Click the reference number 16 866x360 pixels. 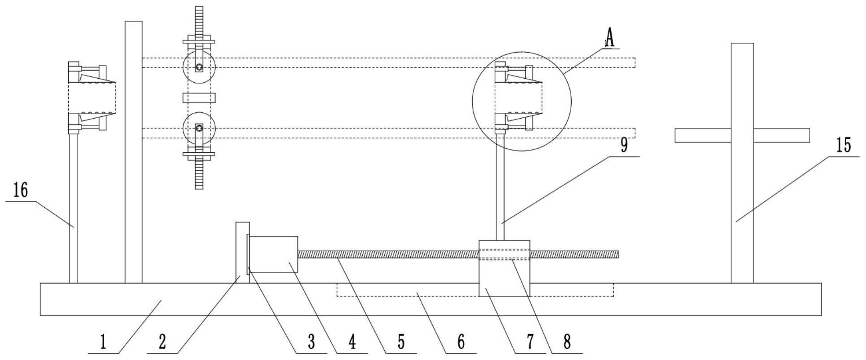[x=21, y=191]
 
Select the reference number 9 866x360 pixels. [x=624, y=146]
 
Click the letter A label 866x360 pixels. [x=609, y=37]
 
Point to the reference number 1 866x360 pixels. [x=103, y=342]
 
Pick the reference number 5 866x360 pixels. [x=401, y=342]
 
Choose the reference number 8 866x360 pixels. [x=567, y=342]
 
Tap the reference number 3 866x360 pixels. [x=311, y=342]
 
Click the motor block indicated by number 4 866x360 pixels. [x=273, y=254]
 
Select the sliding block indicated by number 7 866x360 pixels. [x=504, y=274]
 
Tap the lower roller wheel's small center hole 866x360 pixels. [x=199, y=129]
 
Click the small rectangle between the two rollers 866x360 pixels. [x=199, y=98]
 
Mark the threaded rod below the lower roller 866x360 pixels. [x=199, y=175]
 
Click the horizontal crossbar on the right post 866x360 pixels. [x=742, y=135]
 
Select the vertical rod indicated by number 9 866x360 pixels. [x=500, y=189]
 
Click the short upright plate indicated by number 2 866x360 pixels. [x=242, y=252]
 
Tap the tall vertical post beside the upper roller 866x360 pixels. [x=133, y=153]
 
